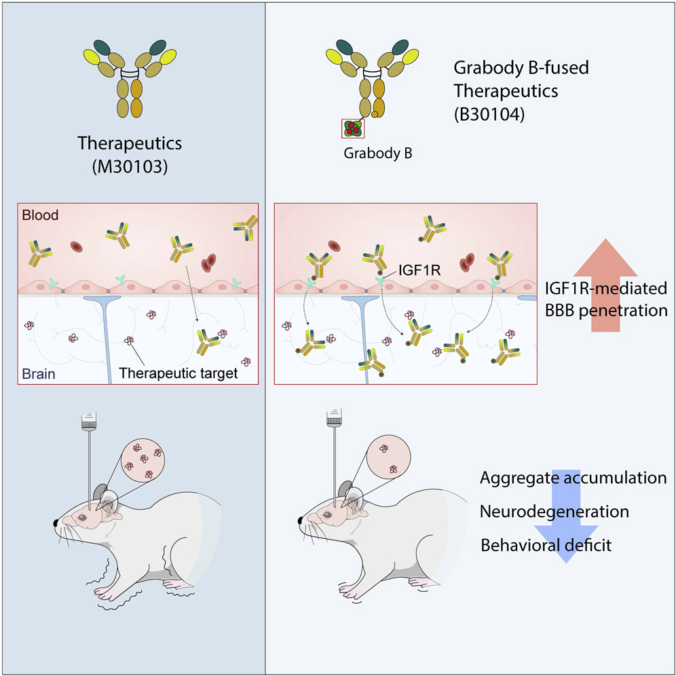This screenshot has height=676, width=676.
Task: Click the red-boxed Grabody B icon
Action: click(353, 128)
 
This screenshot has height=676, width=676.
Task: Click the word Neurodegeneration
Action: click(554, 511)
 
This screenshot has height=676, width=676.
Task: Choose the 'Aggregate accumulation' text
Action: click(573, 478)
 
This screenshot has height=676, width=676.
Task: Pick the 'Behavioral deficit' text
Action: click(546, 544)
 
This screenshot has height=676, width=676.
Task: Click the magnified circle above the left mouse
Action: click(140, 464)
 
